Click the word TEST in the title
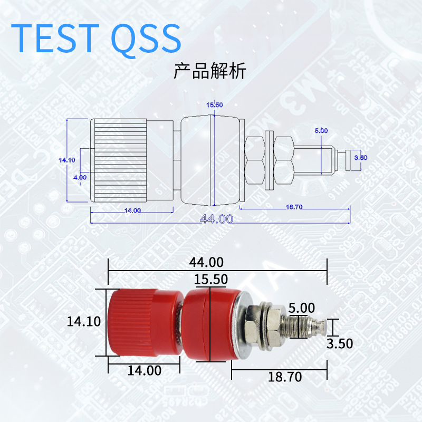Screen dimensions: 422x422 click(55, 37)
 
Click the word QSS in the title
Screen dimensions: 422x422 click(146, 39)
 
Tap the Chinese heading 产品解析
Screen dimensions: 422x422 click(210, 71)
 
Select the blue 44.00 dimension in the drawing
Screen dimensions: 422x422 click(216, 218)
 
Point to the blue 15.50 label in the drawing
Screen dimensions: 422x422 click(214, 105)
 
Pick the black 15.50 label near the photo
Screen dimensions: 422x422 click(210, 280)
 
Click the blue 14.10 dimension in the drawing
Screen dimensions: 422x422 click(66, 159)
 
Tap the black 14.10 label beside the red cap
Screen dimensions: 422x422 click(84, 322)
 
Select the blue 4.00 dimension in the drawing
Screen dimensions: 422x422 click(80, 177)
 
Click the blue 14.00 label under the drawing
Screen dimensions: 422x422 click(132, 210)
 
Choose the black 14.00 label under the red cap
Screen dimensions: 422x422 click(144, 371)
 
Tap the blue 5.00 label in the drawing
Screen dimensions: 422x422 click(321, 130)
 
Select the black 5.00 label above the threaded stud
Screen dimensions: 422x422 click(301, 308)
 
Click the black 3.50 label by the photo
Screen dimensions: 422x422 click(339, 344)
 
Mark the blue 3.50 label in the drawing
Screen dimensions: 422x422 click(360, 157)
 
